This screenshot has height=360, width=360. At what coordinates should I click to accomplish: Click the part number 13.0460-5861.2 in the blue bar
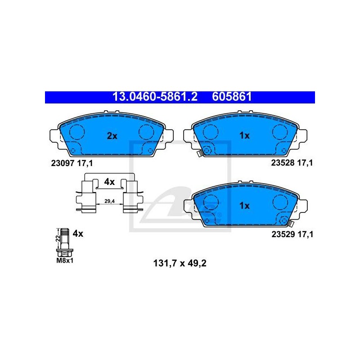click(x=155, y=97)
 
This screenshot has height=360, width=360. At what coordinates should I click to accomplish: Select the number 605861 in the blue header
click(x=232, y=97)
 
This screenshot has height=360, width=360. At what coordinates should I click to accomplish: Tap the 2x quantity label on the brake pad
click(x=112, y=136)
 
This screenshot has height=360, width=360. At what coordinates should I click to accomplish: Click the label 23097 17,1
click(x=72, y=163)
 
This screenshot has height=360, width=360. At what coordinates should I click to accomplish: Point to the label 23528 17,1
click(x=292, y=163)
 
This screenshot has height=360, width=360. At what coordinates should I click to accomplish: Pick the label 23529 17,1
click(x=292, y=234)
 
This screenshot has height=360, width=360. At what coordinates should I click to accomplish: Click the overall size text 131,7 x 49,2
click(x=180, y=263)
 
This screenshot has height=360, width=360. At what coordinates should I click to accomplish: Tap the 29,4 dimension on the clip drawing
click(x=109, y=201)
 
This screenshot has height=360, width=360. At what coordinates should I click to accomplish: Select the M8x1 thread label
click(x=65, y=261)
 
